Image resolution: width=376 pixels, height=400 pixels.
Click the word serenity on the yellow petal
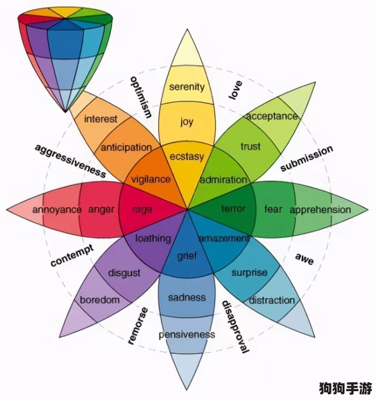coord(187,87)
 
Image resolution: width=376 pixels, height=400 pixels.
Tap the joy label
coord(187,122)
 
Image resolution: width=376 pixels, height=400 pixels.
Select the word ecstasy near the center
coord(187,156)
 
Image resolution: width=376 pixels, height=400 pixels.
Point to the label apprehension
coord(320,210)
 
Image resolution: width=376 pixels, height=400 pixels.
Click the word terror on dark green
coord(234,209)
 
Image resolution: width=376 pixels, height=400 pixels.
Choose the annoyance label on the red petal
coord(57,210)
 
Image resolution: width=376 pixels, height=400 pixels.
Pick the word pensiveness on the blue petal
coord(187,335)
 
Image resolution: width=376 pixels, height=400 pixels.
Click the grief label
coord(187,255)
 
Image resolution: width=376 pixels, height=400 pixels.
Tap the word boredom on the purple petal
coord(100,300)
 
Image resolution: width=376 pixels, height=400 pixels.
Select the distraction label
coord(272,300)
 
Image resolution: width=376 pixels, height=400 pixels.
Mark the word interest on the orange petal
coord(101,119)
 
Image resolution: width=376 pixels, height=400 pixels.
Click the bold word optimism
coord(141,97)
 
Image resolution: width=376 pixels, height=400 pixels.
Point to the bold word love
coord(235,90)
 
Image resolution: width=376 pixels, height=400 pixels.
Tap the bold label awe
coord(304,259)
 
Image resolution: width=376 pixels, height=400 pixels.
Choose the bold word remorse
coord(138,326)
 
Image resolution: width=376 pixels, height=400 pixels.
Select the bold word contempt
coord(72,255)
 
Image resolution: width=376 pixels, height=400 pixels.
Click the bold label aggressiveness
coord(70,161)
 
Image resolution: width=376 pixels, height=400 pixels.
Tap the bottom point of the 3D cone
coord(65,111)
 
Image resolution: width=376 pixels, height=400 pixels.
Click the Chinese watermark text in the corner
coord(346,388)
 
